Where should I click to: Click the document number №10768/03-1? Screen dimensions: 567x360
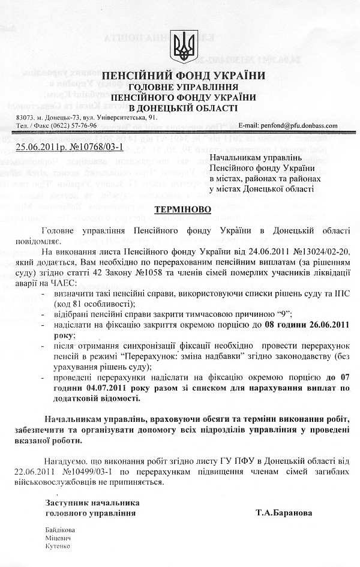tap(97, 145)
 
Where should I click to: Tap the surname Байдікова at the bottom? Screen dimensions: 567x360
tap(61, 530)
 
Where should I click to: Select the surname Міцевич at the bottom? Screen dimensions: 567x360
tap(58, 538)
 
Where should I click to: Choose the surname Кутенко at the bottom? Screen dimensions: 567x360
tap(58, 547)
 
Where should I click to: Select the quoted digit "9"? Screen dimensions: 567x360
tap(278, 313)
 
